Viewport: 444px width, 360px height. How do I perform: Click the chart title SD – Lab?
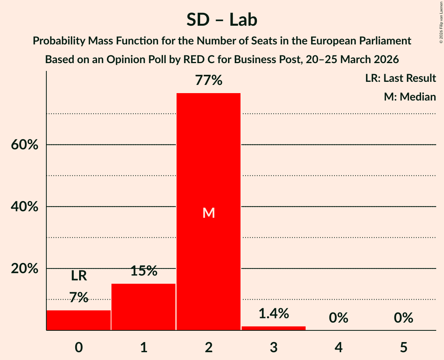pyautogui.click(x=222, y=20)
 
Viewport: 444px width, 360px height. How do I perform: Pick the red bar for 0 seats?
pyautogui.click(x=79, y=320)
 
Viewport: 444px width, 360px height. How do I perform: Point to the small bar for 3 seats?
pyautogui.click(x=274, y=328)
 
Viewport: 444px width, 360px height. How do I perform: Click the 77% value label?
pyautogui.click(x=209, y=81)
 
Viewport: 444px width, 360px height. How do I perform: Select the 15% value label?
pyautogui.click(x=143, y=271)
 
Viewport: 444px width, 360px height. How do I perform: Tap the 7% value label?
pyautogui.click(x=79, y=298)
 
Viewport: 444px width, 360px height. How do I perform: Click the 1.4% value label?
pyautogui.click(x=274, y=313)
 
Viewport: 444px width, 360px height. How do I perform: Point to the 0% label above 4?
pyautogui.click(x=338, y=318)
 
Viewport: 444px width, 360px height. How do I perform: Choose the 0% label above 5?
pyautogui.click(x=403, y=318)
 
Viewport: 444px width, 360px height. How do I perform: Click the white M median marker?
pyautogui.click(x=209, y=213)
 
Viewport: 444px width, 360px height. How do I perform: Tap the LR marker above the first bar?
pyautogui.click(x=79, y=276)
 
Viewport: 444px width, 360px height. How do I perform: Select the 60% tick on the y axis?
pyautogui.click(x=24, y=145)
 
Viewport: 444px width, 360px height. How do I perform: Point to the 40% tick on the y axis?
pyautogui.click(x=24, y=207)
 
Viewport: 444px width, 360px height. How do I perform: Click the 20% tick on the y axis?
pyautogui.click(x=24, y=269)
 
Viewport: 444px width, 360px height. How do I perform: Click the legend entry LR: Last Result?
pyautogui.click(x=400, y=78)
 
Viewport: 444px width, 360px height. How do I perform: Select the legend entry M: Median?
pyautogui.click(x=410, y=97)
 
